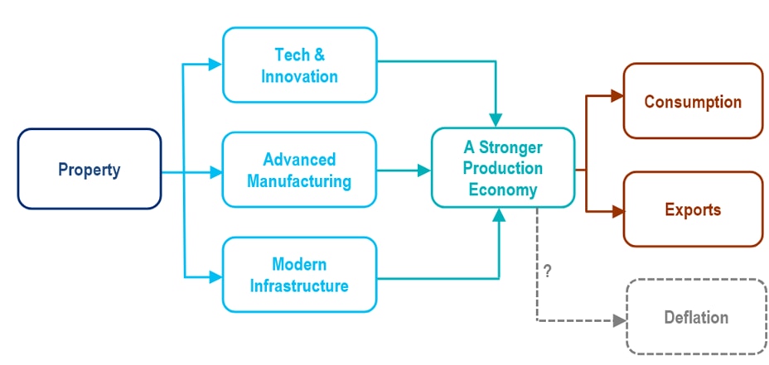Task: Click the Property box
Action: pos(89,170)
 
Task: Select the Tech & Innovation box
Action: pos(299,65)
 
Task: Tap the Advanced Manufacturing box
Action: pos(299,170)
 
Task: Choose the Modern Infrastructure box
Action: pos(299,276)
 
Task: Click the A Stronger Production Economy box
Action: pos(502,168)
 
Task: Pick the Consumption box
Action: pos(693,102)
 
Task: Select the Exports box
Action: pos(693,209)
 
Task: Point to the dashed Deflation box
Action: pos(696,317)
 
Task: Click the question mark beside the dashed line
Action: pos(547,270)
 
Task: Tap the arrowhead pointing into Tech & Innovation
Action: pos(216,64)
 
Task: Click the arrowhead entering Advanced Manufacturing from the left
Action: pos(216,172)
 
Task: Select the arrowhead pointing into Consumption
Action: pos(617,96)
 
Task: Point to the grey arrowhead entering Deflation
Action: pos(619,320)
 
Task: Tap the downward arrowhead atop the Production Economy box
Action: pos(497,119)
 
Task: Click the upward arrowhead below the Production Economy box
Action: pos(498,214)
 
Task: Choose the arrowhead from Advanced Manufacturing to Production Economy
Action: pos(424,170)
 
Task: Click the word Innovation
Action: pos(299,76)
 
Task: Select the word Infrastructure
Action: pos(299,286)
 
